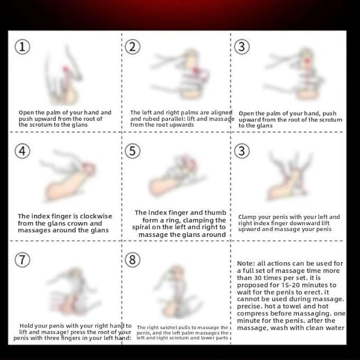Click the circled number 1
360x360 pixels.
click(22, 47)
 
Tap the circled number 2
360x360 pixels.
click(133, 47)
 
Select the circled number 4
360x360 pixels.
click(22, 151)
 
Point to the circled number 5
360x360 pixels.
click(133, 151)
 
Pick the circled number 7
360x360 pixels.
click(22, 260)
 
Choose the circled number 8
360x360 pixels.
click(133, 260)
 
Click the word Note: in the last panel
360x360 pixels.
click(246, 264)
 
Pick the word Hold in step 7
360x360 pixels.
click(26, 326)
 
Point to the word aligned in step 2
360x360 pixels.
click(222, 113)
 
